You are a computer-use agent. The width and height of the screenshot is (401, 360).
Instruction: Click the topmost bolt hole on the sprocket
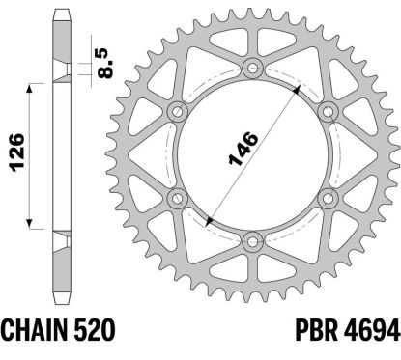pos(254,68)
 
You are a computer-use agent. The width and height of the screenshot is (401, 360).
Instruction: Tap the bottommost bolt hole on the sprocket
pos(254,241)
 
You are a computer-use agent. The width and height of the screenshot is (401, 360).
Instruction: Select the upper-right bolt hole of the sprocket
pos(329,111)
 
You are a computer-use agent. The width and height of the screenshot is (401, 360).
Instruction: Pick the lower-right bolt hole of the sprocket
pos(329,199)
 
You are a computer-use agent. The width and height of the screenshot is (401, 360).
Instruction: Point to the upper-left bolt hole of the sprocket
pos(178,111)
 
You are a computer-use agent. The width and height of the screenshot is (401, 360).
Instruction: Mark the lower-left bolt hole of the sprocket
pos(178,199)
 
